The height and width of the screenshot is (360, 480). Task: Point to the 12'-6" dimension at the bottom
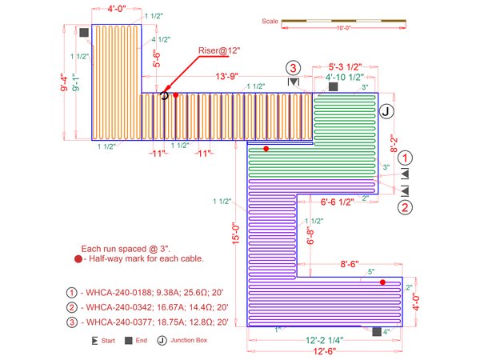[330, 350]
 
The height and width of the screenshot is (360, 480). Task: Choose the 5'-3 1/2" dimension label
[346, 67]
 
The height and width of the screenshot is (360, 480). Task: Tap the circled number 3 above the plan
[294, 67]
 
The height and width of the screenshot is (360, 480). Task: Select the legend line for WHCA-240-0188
[150, 292]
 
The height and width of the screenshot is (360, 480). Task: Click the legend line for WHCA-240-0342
[150, 307]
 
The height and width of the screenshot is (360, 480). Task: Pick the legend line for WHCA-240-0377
[150, 322]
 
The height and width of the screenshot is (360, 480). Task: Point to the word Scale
[270, 22]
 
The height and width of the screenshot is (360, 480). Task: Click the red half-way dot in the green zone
[267, 149]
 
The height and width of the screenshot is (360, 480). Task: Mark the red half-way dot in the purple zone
[383, 282]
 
